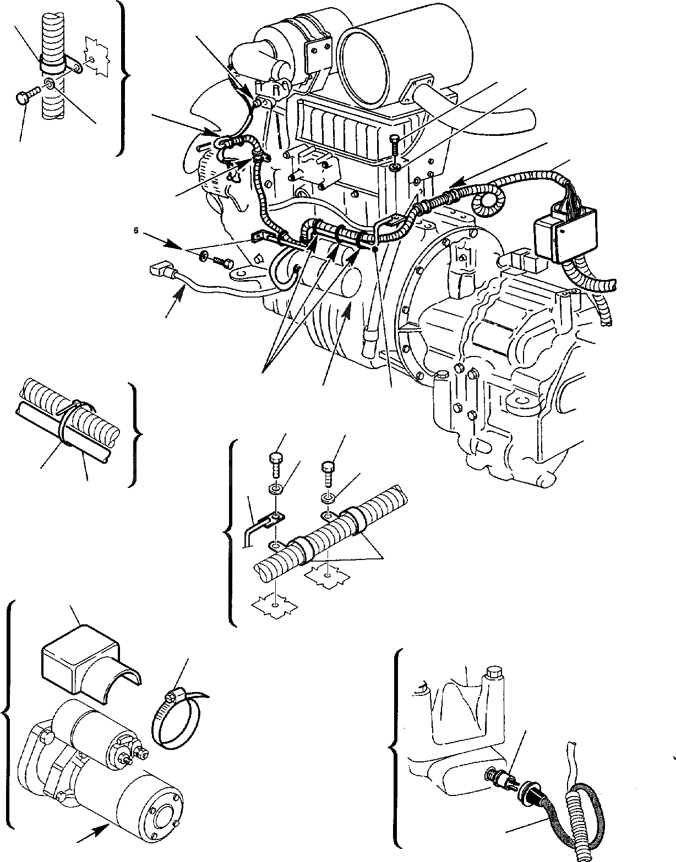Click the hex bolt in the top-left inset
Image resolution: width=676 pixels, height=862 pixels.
(25, 99)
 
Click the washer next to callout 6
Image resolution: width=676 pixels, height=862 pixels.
(204, 255)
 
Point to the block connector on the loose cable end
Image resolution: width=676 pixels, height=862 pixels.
(160, 270)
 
